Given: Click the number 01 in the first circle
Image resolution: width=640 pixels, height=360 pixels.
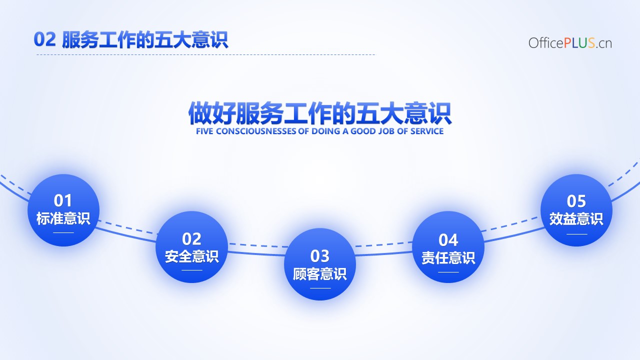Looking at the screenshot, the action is [x=62, y=200].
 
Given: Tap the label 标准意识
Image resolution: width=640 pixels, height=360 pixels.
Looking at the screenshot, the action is [x=63, y=218].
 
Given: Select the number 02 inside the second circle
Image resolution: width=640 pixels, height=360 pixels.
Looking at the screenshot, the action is [x=191, y=239].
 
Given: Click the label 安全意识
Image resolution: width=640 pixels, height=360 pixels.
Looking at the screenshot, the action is [x=191, y=256].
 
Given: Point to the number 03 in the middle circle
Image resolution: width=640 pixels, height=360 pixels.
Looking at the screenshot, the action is [x=319, y=256].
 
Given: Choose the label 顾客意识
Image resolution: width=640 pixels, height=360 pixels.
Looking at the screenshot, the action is [x=319, y=273].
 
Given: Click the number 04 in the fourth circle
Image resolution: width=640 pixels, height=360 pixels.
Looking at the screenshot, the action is [x=448, y=240].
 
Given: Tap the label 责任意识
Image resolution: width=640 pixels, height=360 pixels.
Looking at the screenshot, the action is [x=448, y=257].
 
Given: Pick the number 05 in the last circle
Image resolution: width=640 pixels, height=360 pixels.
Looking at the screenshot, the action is [x=576, y=201].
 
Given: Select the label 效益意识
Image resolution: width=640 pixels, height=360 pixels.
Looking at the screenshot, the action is [x=576, y=219].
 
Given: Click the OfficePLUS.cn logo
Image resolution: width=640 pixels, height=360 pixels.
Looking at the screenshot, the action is [x=570, y=43].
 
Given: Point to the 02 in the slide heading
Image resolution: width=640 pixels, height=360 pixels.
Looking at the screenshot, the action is [x=44, y=39].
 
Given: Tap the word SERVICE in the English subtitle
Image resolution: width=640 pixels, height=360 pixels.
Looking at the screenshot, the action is [x=427, y=131].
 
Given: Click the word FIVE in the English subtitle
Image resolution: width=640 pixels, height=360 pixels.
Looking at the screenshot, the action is [x=204, y=131].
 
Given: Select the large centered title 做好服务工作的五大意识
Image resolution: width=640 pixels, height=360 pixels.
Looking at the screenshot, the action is [x=319, y=113].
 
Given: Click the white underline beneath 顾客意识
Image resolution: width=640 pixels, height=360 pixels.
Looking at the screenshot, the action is [x=320, y=288].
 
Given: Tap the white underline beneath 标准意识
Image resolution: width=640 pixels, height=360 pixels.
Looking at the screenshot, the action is [x=63, y=233].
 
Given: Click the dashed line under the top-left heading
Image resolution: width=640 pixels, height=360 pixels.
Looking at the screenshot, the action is [x=206, y=54].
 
